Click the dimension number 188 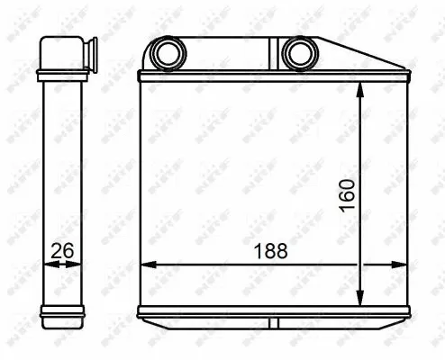(x=270, y=251)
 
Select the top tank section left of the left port (x=145, y=58)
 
